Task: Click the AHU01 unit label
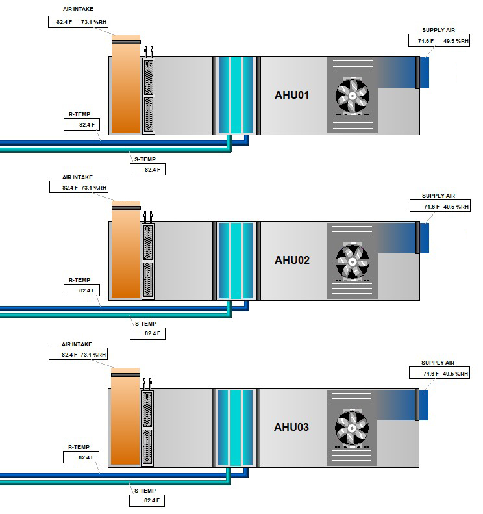291,95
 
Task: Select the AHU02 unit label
292,261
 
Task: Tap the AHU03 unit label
291,427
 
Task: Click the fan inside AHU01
353,96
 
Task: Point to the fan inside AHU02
353,262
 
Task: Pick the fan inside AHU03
352,428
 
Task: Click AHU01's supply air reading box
439,40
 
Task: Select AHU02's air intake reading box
79,187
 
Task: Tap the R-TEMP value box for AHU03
81,457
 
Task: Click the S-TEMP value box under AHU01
147,170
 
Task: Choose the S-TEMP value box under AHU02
147,334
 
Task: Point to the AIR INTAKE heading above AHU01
79,9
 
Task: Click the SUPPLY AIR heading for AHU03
438,363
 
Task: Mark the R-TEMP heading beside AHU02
80,280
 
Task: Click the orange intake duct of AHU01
126,84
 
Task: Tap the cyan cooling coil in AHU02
236,261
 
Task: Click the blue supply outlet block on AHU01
425,73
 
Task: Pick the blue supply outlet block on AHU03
424,405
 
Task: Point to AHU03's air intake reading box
79,354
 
